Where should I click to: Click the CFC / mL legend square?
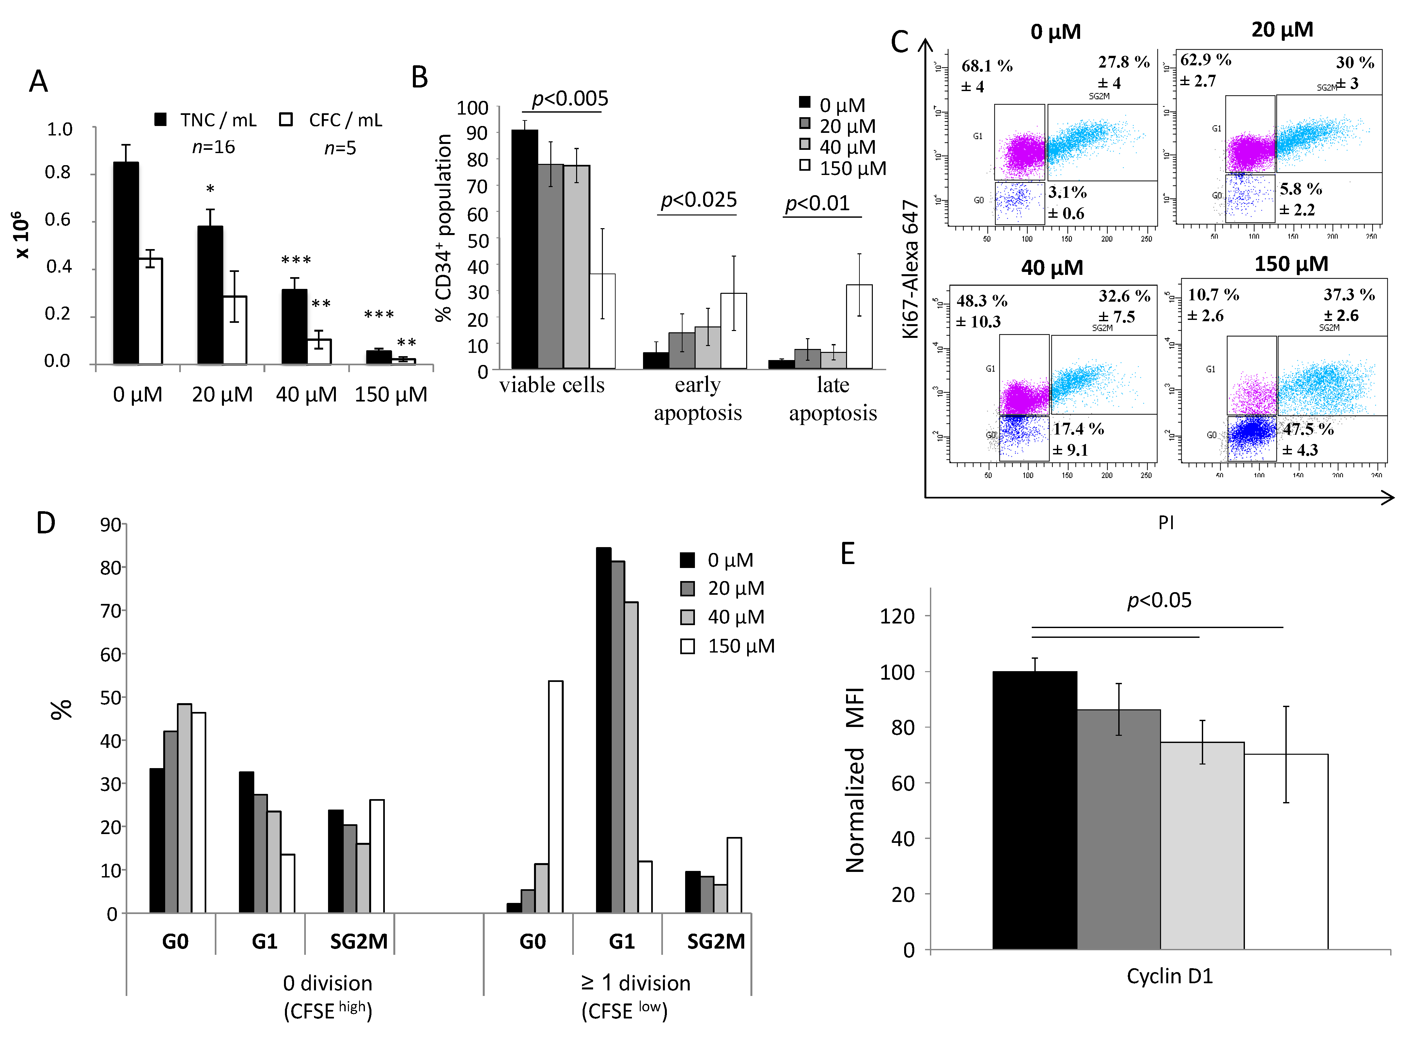point(286,119)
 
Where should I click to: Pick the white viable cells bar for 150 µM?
point(603,321)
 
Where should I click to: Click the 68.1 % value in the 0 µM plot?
point(987,66)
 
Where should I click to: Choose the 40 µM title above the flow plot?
point(1052,268)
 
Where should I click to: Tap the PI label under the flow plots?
point(1166,522)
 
